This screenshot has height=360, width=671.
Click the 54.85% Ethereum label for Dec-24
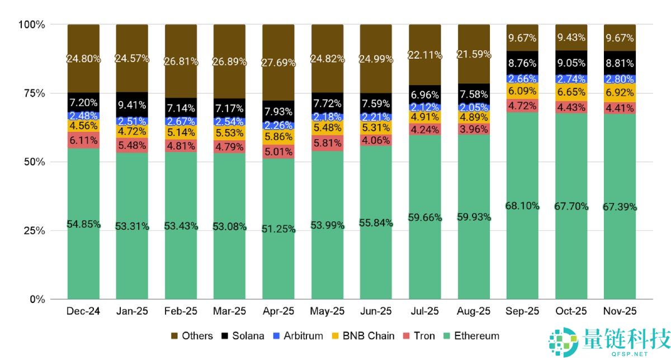pos(83,224)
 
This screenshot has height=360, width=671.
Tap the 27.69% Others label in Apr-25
pos(278,63)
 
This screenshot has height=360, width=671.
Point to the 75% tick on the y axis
pos(32,93)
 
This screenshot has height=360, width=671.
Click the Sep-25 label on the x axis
pos(522,311)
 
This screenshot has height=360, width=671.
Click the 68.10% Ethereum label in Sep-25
pos(522,206)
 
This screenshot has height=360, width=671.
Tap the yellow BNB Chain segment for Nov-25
pos(619,93)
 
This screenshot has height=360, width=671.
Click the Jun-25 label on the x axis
pos(376,311)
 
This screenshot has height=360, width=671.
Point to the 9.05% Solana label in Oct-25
pos(571,63)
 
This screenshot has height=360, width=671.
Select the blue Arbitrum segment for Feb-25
pos(181,121)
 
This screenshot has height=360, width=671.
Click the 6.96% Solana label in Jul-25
pos(424,94)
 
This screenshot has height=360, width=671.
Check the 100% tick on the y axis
pos(32,25)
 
